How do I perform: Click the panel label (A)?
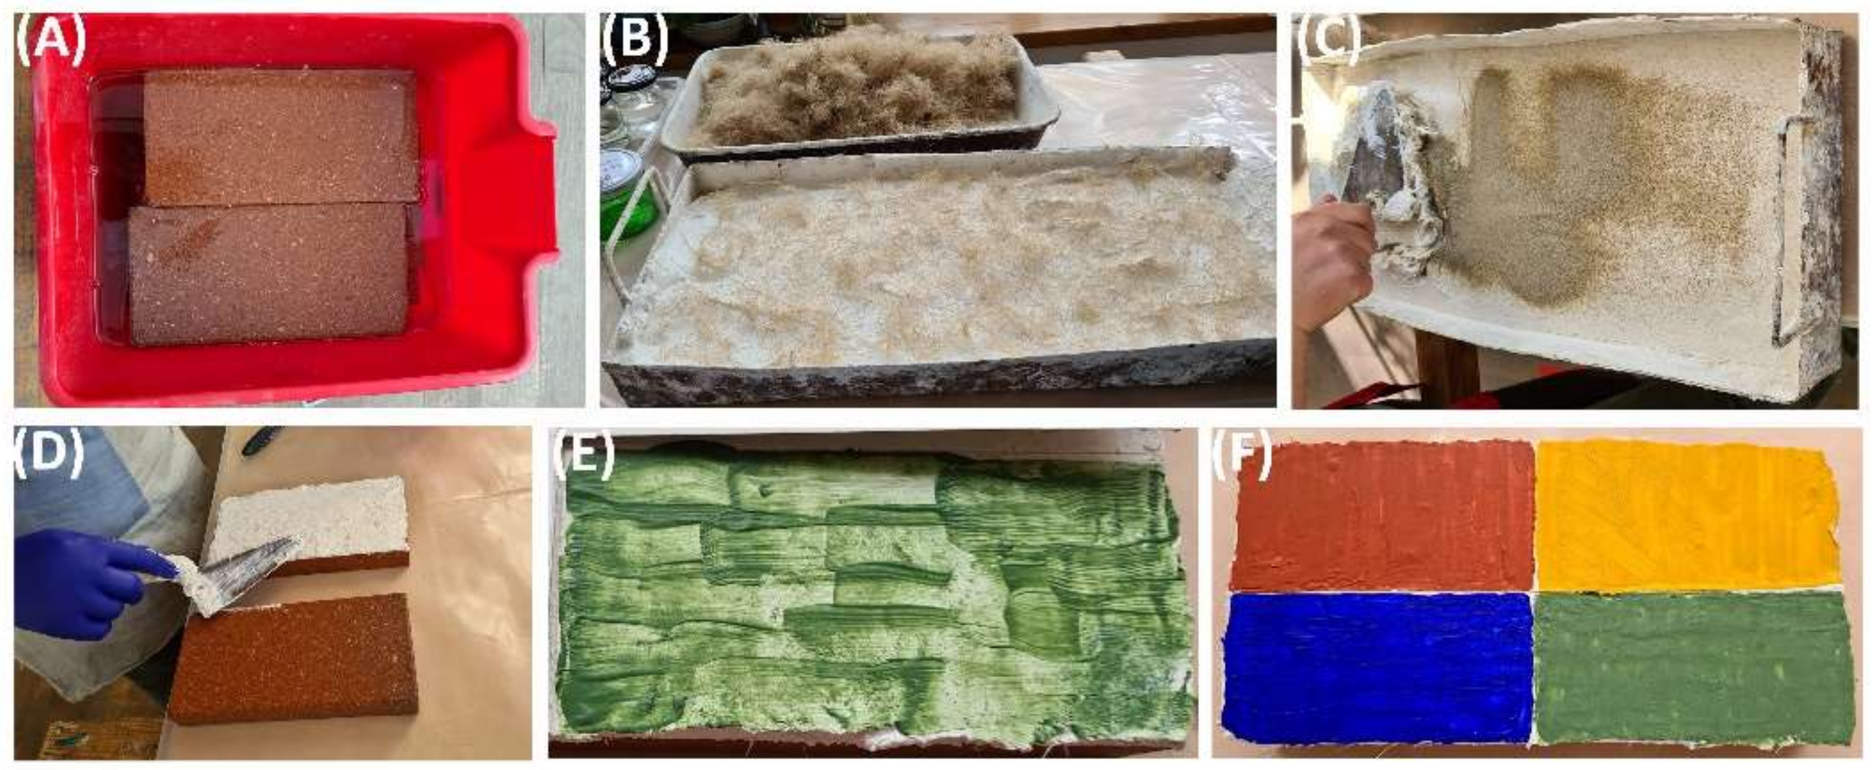[49, 42]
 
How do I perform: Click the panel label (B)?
[635, 42]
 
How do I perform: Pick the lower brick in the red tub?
[268, 275]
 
